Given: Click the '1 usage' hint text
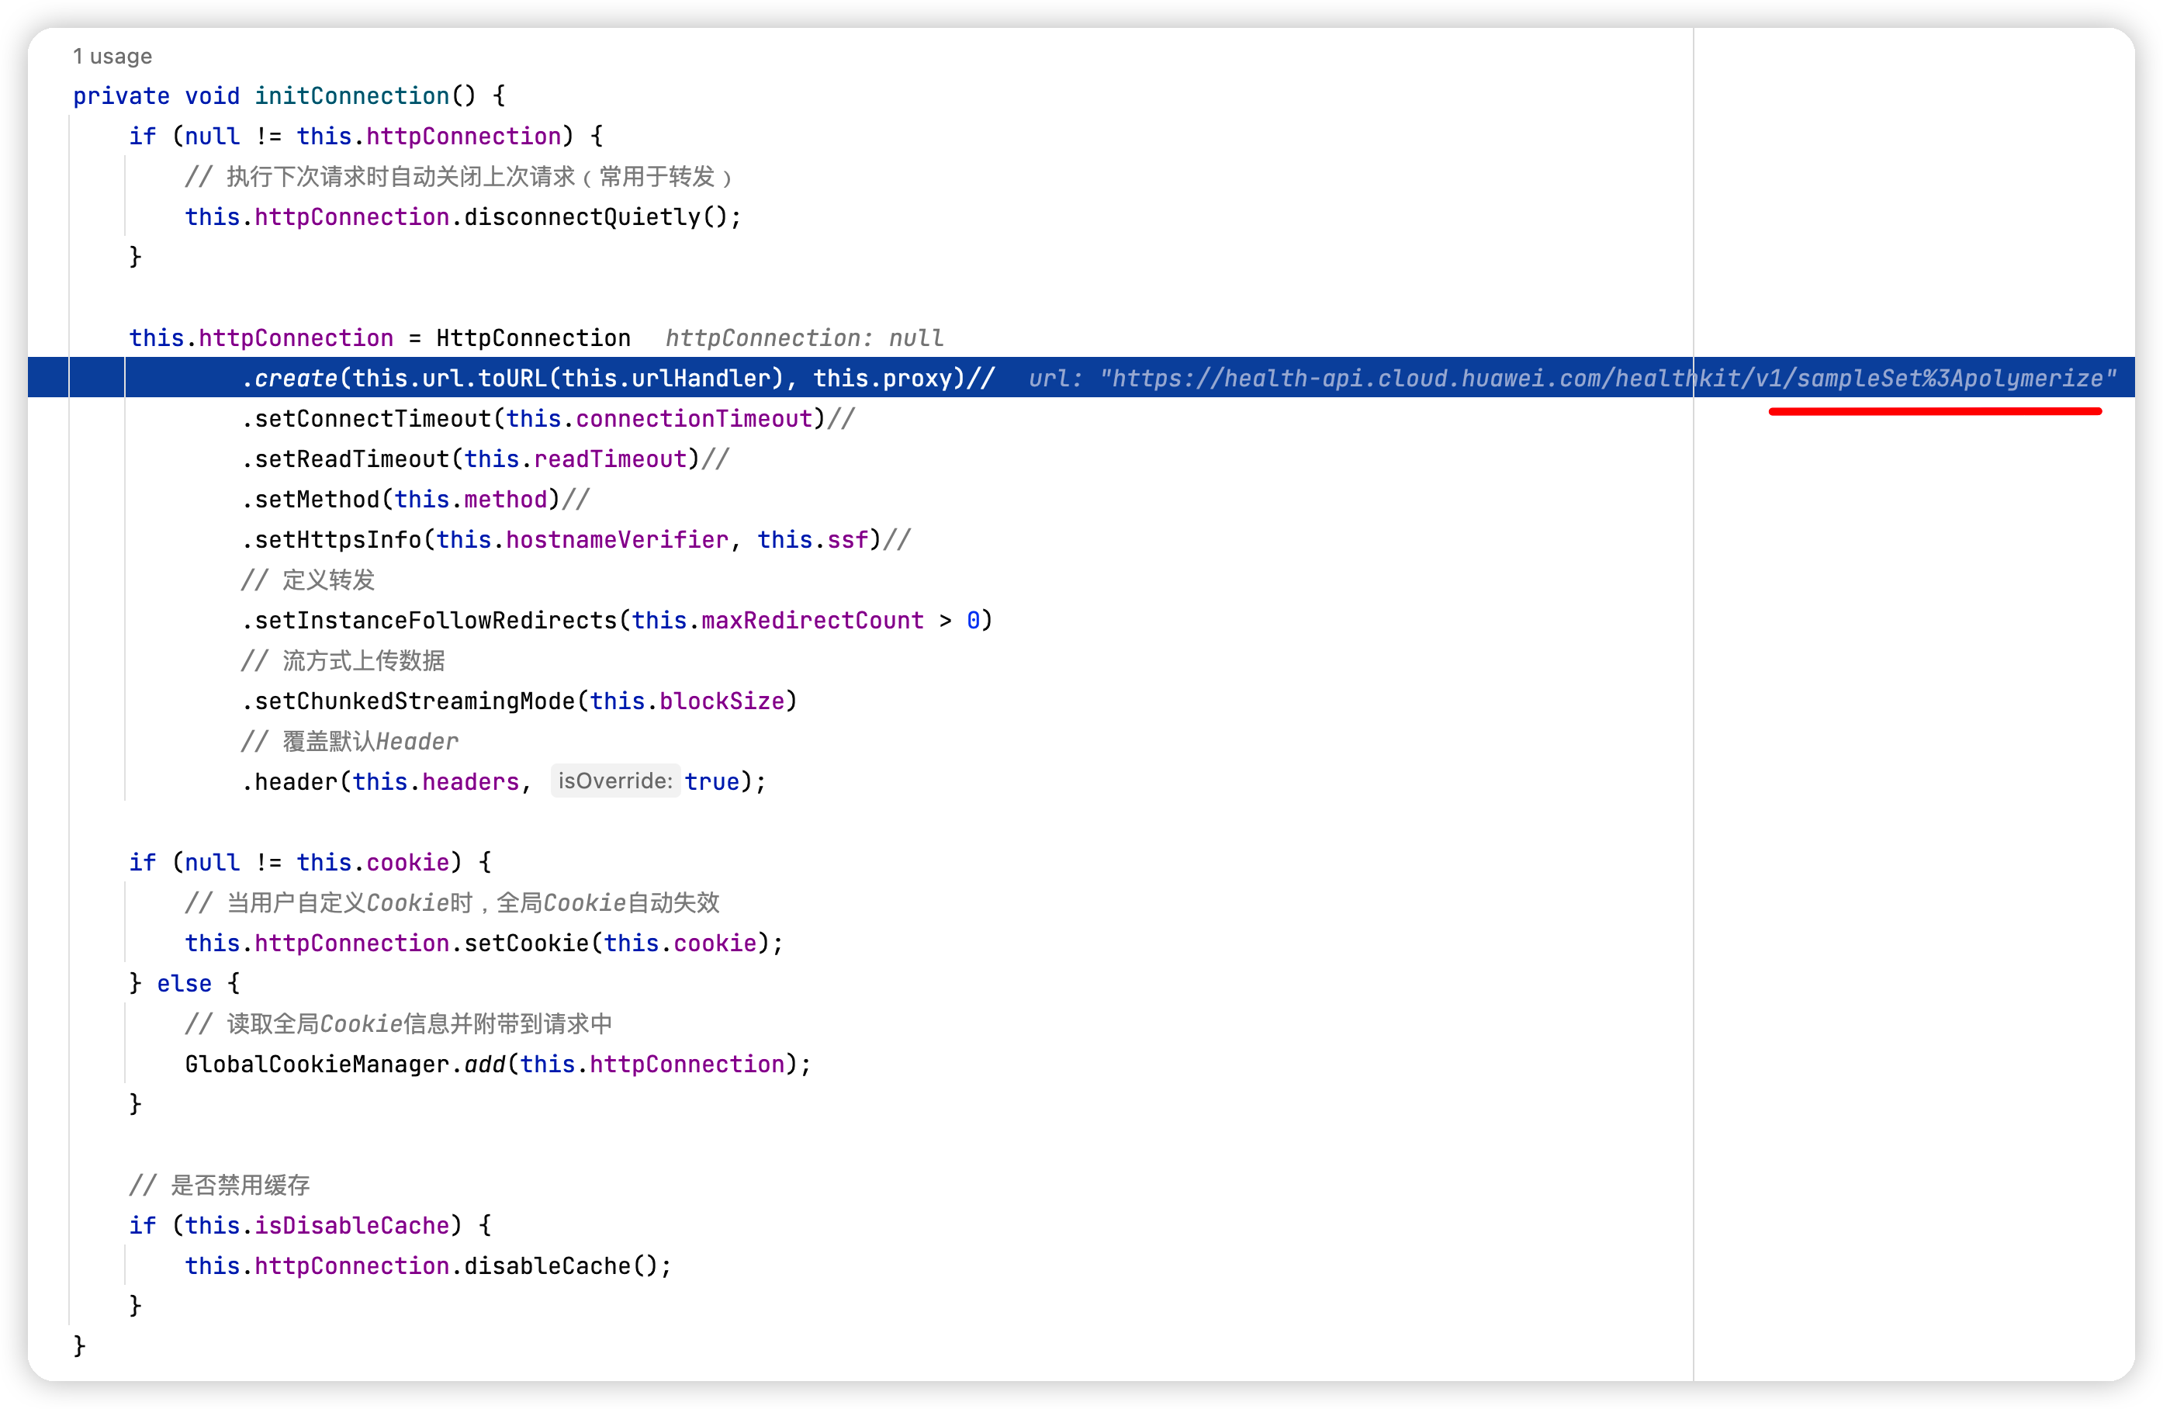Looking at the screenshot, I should (112, 57).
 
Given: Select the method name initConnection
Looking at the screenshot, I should (351, 96).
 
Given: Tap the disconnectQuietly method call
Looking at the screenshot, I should (582, 217).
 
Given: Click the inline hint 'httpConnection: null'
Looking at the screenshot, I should (804, 338).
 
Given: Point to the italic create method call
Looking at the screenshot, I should (296, 378).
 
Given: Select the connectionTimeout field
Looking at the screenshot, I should (694, 419).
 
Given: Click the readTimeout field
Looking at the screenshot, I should (610, 459).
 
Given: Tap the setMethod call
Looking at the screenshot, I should (317, 500).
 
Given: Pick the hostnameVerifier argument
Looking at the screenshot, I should (616, 540).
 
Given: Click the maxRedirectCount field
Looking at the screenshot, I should (812, 621).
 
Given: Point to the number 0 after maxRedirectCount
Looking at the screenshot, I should (972, 621).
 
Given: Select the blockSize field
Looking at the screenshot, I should (722, 701).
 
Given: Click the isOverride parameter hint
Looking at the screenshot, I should (614, 781).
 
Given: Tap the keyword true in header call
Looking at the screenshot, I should (711, 782).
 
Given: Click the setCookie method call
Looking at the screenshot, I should (526, 943).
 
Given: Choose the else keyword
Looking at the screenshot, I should (184, 984).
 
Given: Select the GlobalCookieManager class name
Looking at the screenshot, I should (317, 1065).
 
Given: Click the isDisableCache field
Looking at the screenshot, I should (351, 1225).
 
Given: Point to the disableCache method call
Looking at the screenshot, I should (547, 1266).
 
